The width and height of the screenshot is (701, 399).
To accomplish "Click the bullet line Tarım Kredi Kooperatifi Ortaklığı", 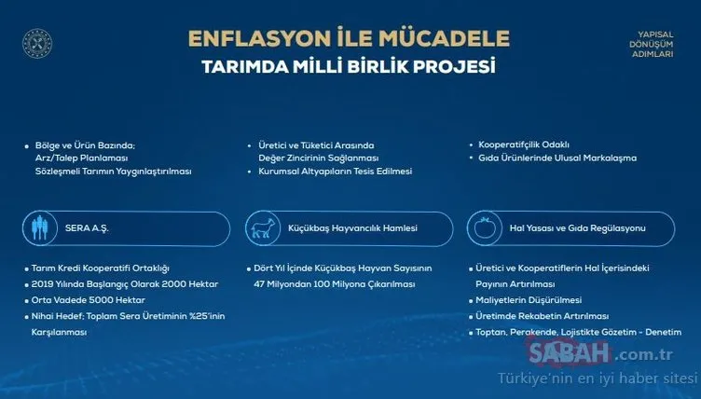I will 101,268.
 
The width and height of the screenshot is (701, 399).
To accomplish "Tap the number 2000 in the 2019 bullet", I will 163,284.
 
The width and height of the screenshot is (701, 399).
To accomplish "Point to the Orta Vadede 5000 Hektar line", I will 93,300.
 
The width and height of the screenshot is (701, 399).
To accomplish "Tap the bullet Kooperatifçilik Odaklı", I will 525,144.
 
